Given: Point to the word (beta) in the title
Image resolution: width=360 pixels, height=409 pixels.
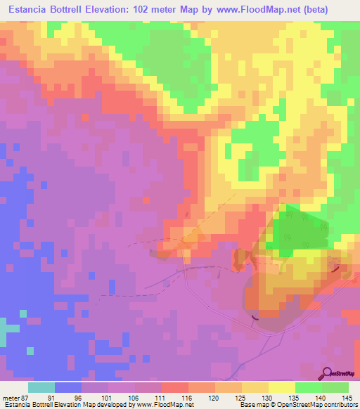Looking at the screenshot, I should click(x=330, y=8).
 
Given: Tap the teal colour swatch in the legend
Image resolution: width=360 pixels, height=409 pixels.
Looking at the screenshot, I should click(x=41, y=387).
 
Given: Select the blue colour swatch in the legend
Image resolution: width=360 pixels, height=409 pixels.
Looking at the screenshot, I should click(x=68, y=387).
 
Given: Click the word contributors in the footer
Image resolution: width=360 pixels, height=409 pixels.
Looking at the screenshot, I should click(x=338, y=405).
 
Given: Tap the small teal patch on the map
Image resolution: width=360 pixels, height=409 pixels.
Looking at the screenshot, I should click(x=8, y=329).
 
